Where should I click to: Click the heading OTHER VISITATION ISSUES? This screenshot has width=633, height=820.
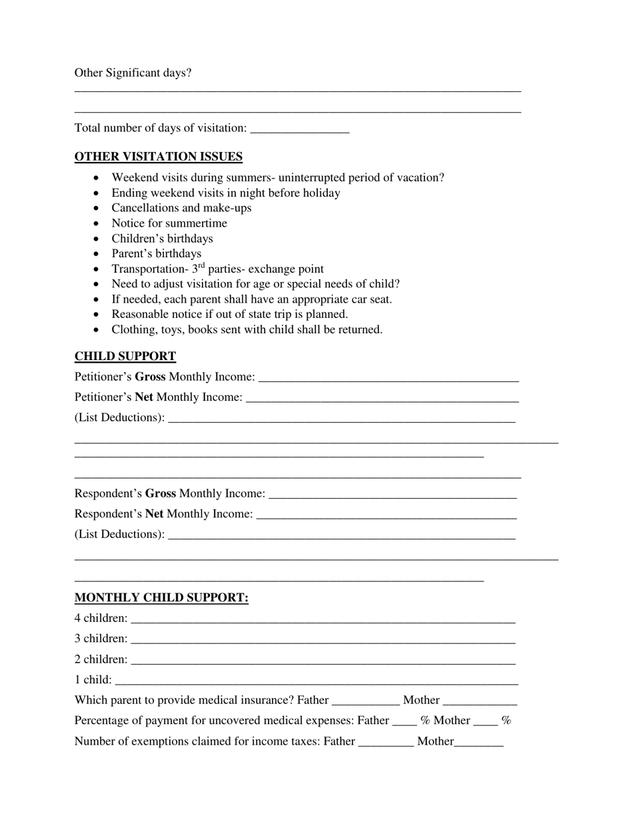[x=159, y=157]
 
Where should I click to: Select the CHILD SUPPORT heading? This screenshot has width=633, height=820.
[x=125, y=356]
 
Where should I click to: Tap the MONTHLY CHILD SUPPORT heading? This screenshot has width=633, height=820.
[x=161, y=597]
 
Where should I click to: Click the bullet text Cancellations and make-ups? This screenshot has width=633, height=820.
[x=181, y=208]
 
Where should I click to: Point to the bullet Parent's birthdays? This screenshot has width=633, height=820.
[x=156, y=253]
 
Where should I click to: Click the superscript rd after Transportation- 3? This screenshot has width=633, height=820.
[x=201, y=266]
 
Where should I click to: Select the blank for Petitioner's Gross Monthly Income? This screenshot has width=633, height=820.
[x=388, y=377]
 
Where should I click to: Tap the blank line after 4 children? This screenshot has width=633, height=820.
[x=323, y=619]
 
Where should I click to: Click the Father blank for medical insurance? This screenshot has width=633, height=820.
[x=365, y=701]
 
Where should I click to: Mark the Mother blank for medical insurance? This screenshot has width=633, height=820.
[x=480, y=701]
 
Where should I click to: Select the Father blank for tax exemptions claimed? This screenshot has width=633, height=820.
[x=386, y=742]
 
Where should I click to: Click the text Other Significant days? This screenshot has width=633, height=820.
[x=133, y=73]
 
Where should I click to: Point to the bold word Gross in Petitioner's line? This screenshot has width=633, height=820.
[x=150, y=377]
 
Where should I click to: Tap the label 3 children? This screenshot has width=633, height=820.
[x=101, y=639]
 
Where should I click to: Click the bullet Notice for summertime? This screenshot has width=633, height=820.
[x=169, y=223]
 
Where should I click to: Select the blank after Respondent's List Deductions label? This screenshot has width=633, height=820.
[x=341, y=535]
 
